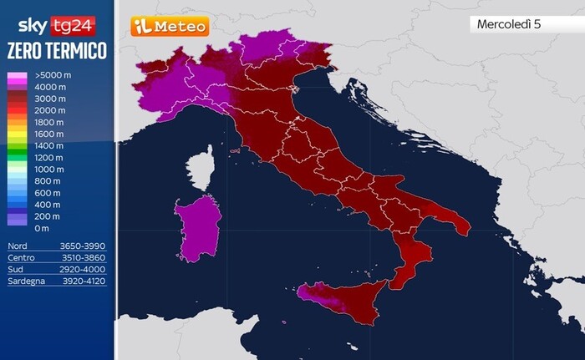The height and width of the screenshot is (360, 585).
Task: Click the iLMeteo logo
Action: point(170,27)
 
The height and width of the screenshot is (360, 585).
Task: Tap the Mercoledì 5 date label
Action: point(509,24)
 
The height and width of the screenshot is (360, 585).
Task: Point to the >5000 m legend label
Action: point(52,75)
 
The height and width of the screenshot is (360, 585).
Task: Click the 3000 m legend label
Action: point(48,99)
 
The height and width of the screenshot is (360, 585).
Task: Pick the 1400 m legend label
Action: point(48,145)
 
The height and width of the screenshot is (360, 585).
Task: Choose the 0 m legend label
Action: point(42,228)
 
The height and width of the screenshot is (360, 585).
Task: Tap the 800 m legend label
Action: point(47,180)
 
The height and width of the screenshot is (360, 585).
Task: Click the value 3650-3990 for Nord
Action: point(84,246)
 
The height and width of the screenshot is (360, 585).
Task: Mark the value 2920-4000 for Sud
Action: point(84,270)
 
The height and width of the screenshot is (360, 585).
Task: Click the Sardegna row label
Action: point(27,281)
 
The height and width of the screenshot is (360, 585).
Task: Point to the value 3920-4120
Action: point(84,281)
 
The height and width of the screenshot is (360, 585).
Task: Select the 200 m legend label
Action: point(47,216)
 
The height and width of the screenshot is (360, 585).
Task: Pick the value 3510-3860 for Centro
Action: point(84,258)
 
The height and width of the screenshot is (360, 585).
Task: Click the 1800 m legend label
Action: point(48,122)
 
